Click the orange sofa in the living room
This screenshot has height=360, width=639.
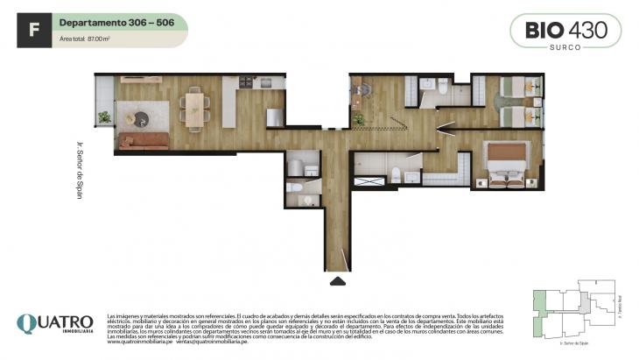(144, 140)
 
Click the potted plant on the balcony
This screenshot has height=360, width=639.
(105, 116)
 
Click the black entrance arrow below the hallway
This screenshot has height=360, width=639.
(337, 280)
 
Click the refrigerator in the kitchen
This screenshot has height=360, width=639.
(274, 116)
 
